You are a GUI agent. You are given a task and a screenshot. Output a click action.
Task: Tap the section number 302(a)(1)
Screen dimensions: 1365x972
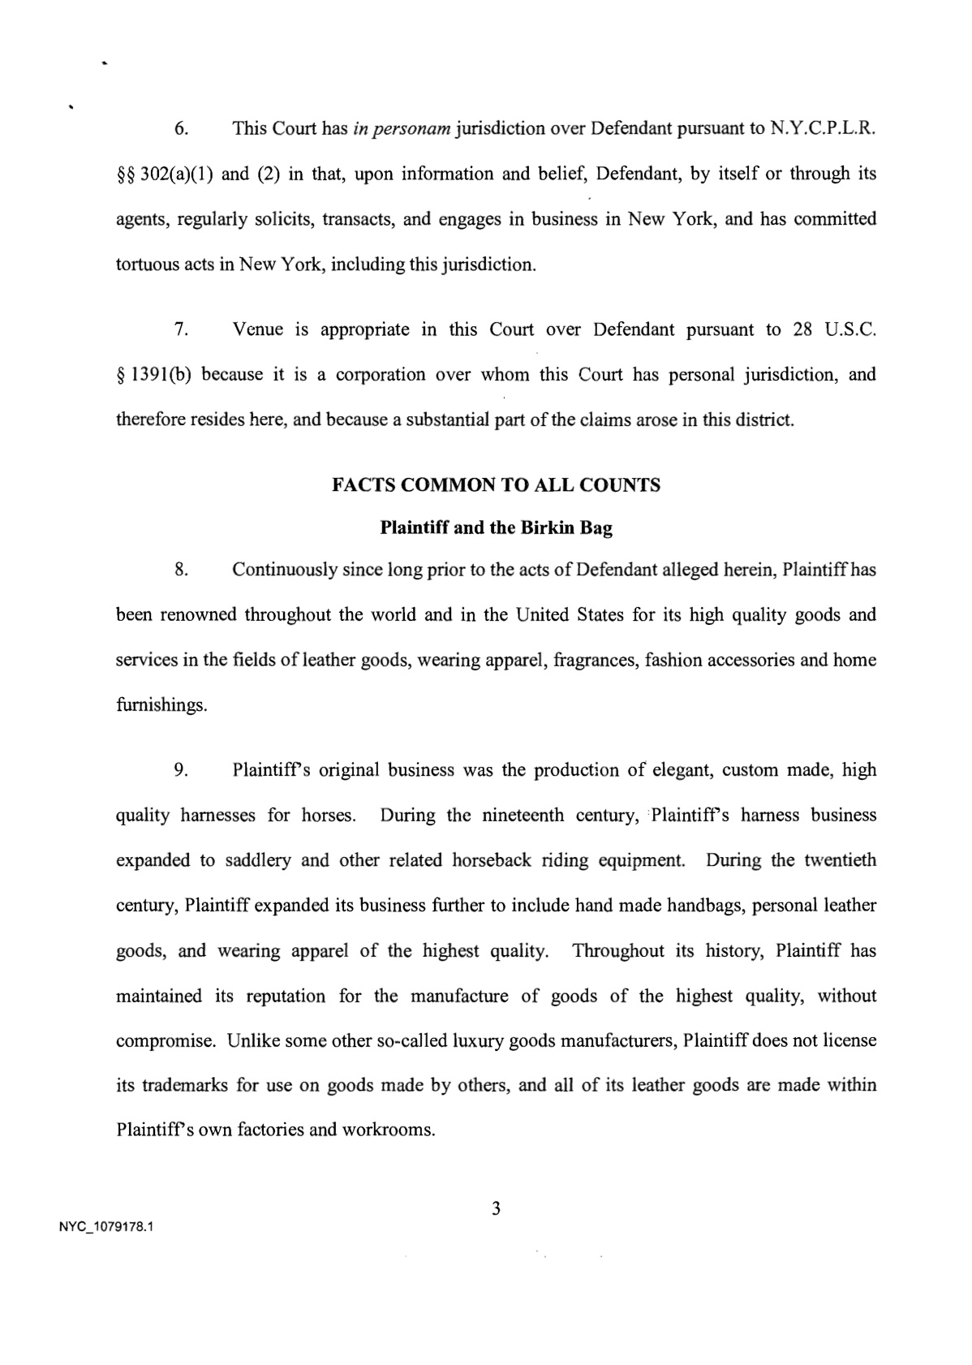click(x=177, y=174)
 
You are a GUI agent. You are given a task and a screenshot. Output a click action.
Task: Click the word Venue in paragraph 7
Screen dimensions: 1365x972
click(x=257, y=329)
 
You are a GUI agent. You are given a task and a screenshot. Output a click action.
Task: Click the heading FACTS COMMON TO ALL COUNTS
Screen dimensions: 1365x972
click(x=496, y=485)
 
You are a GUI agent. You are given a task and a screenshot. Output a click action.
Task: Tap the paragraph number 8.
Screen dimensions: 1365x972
click(x=182, y=570)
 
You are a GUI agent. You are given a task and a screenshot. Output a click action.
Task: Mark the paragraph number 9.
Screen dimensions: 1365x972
click(x=182, y=769)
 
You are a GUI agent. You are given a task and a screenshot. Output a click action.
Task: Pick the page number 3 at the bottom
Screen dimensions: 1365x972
click(x=496, y=1209)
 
